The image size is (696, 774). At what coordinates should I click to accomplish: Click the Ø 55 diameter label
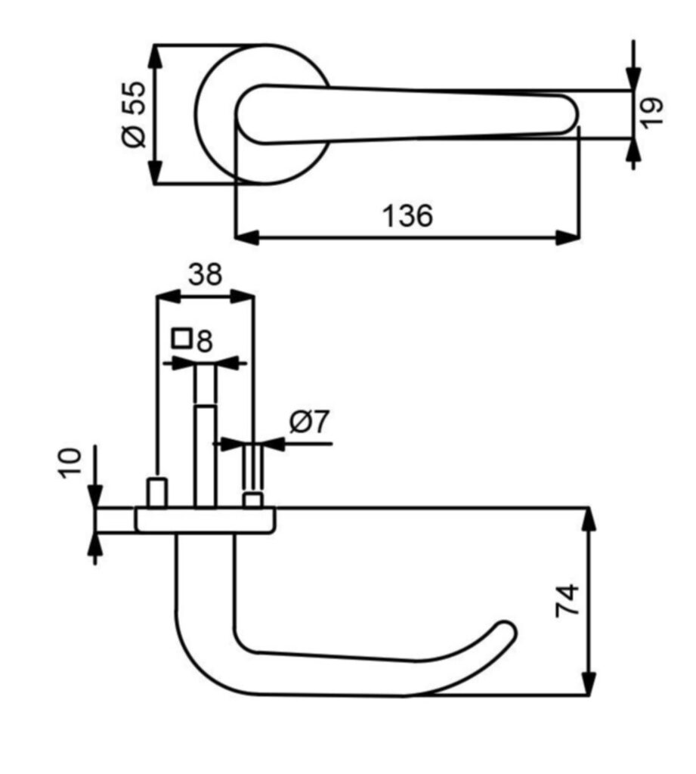(134, 115)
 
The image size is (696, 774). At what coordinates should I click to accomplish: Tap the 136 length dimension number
(408, 215)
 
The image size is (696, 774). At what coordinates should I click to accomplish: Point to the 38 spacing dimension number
(206, 274)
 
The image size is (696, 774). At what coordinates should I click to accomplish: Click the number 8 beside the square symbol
(204, 341)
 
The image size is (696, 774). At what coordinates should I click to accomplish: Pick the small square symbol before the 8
(181, 338)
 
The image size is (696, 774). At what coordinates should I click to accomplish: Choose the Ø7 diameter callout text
(309, 422)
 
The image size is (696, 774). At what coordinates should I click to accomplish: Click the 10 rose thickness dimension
(70, 463)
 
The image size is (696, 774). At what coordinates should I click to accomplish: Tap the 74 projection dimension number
(568, 600)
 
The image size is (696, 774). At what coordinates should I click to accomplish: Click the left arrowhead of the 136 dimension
(246, 237)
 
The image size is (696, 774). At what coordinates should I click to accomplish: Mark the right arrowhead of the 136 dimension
(568, 237)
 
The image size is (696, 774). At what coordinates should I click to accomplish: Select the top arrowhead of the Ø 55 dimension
(156, 57)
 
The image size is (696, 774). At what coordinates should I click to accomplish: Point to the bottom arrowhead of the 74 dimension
(589, 683)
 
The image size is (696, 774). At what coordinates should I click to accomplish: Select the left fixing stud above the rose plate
(157, 492)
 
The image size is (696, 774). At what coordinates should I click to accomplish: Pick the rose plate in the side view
(206, 520)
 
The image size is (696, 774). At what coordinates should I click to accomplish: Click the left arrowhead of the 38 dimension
(169, 297)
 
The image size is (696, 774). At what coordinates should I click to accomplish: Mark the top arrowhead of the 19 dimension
(633, 79)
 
